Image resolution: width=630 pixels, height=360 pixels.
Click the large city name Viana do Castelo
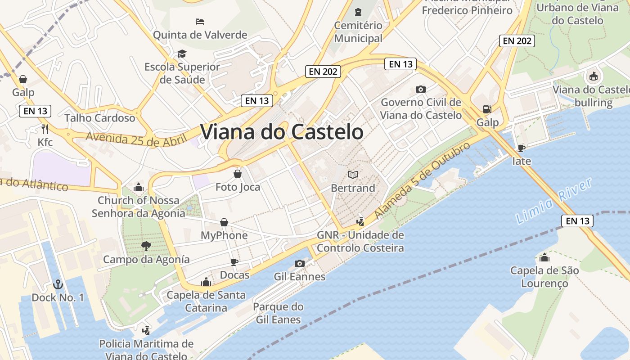tap(282, 132)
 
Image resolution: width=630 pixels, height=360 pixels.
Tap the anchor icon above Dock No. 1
tap(58, 284)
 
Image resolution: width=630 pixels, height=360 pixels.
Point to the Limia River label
tap(553, 201)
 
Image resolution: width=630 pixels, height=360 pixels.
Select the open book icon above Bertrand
tap(353, 175)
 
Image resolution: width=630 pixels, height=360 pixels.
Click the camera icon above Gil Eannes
tap(299, 263)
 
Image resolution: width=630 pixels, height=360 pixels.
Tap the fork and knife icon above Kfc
tap(45, 129)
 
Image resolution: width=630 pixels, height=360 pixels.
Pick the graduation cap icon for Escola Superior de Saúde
tap(182, 54)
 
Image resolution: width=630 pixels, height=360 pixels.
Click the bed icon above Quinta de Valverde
tap(200, 21)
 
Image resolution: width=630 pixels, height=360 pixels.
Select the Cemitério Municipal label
tap(358, 32)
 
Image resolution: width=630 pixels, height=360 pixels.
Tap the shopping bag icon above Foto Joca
tap(238, 174)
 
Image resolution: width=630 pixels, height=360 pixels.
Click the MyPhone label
tap(224, 235)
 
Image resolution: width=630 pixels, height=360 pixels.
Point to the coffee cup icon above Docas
tap(234, 262)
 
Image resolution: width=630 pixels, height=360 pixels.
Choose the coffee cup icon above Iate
tap(522, 148)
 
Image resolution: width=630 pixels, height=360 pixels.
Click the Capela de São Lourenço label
tap(544, 277)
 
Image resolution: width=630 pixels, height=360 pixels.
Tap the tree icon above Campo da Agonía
tap(146, 246)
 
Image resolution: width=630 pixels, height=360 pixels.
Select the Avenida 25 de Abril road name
tap(136, 139)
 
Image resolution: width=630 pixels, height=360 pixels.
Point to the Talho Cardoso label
tap(99, 118)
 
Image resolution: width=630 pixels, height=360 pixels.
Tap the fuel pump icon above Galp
tap(487, 109)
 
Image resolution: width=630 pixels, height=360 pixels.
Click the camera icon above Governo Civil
tap(421, 89)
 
